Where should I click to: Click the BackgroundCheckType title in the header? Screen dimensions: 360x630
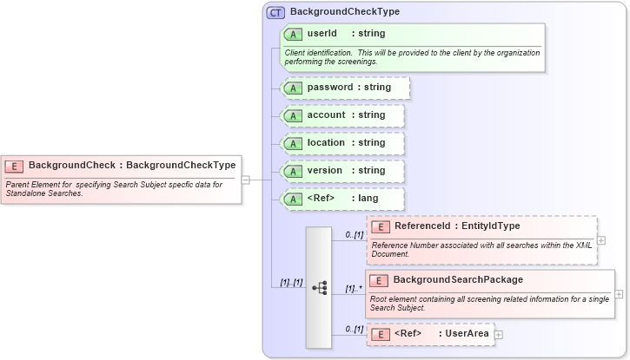click(345, 13)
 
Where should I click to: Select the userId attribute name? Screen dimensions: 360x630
click(322, 34)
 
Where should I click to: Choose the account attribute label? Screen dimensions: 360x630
click(326, 115)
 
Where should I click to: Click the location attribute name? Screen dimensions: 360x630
click(326, 143)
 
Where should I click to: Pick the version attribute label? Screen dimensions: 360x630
click(325, 171)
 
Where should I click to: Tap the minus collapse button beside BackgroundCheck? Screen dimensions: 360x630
click(246, 180)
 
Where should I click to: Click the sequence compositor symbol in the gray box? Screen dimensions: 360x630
click(319, 287)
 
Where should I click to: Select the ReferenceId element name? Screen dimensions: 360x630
click(418, 226)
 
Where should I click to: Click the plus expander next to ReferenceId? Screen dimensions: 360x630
click(601, 240)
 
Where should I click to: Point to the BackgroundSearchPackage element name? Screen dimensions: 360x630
click(458, 279)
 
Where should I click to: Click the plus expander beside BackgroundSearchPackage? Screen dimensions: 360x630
click(619, 294)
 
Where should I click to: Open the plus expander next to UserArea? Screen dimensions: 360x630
click(499, 334)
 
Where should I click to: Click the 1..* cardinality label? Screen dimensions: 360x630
click(354, 288)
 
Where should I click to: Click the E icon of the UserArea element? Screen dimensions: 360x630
click(380, 334)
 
